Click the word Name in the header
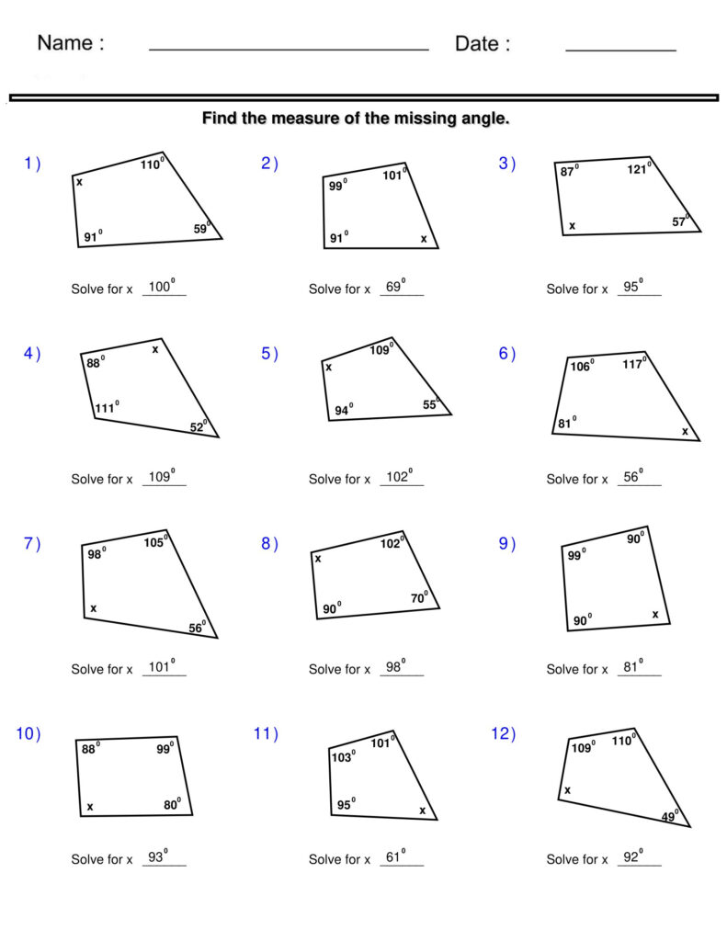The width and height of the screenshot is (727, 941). pyautogui.click(x=65, y=43)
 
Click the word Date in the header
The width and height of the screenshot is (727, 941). pyautogui.click(x=477, y=43)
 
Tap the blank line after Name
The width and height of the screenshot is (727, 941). pyautogui.click(x=289, y=48)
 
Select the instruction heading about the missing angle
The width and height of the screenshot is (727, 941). pyautogui.click(x=355, y=119)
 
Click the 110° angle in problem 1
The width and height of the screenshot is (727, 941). pyautogui.click(x=152, y=164)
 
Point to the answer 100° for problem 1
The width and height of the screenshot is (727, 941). pyautogui.click(x=161, y=287)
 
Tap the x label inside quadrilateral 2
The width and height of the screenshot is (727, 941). pyautogui.click(x=424, y=239)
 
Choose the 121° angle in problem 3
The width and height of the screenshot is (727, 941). pyautogui.click(x=640, y=169)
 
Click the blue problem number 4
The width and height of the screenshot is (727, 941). pyautogui.click(x=32, y=354)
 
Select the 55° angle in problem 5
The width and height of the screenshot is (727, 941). pyautogui.click(x=431, y=404)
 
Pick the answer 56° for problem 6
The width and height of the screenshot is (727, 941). pyautogui.click(x=633, y=477)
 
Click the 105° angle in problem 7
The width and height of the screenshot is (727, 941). pyautogui.click(x=154, y=542)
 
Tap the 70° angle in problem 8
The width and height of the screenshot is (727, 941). pyautogui.click(x=420, y=598)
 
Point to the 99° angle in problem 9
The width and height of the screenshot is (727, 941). pyautogui.click(x=576, y=555)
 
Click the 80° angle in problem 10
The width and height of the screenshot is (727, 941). pyautogui.click(x=173, y=805)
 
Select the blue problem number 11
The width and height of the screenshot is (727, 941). pyautogui.click(x=265, y=733)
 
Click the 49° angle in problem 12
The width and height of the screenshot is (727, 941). pyautogui.click(x=670, y=817)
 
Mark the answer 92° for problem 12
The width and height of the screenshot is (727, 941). pyautogui.click(x=633, y=857)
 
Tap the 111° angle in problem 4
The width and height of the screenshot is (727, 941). pyautogui.click(x=107, y=408)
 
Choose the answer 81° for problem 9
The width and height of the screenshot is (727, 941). pyautogui.click(x=633, y=667)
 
